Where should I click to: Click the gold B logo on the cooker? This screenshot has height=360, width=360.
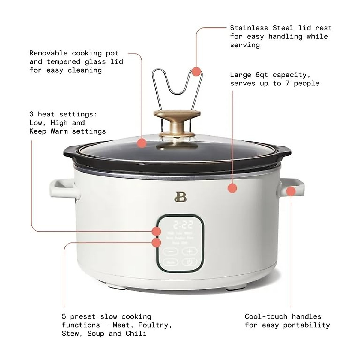[180, 196]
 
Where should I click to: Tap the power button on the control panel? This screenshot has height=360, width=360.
[189, 262]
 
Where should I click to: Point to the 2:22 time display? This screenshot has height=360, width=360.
[183, 225]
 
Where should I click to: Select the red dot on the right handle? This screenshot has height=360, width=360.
[291, 191]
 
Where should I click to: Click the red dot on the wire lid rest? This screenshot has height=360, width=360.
[196, 72]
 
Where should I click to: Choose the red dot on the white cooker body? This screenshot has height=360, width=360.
[232, 188]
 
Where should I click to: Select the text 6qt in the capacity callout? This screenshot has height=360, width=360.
[262, 75]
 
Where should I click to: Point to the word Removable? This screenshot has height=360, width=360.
[48, 53]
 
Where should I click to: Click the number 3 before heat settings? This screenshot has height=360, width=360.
[31, 114]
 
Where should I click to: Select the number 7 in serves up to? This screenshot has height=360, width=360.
[287, 83]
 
